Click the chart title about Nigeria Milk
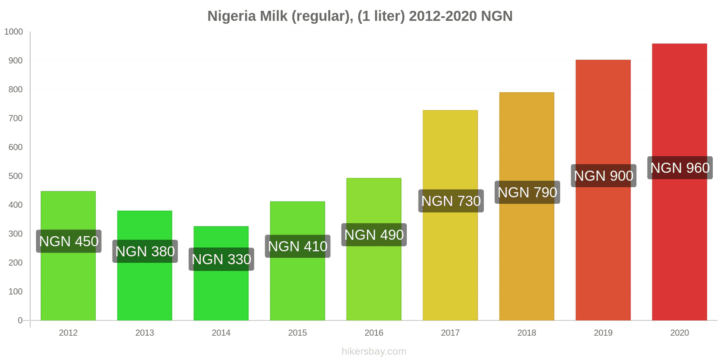(x=360, y=16)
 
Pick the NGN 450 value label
(x=68, y=241)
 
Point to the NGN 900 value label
(x=603, y=175)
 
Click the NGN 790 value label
(x=527, y=192)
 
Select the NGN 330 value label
(x=221, y=259)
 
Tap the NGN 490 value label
(x=373, y=234)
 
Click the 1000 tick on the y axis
(x=13, y=31)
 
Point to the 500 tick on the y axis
(x=15, y=176)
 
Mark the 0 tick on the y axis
(x=20, y=320)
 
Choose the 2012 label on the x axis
(x=68, y=333)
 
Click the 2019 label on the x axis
(x=603, y=333)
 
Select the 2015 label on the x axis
(x=297, y=333)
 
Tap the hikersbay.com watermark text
(x=373, y=351)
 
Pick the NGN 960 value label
(x=679, y=168)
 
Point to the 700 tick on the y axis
(x=15, y=118)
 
